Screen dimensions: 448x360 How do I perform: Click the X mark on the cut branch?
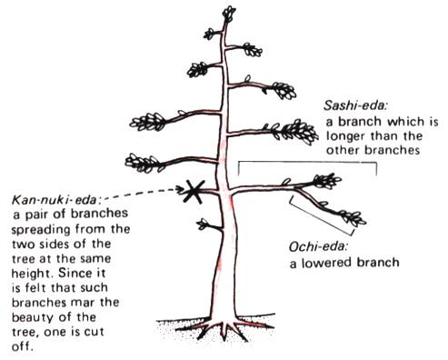(x=193, y=192)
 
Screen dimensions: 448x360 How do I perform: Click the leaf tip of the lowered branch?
(x=358, y=219)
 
